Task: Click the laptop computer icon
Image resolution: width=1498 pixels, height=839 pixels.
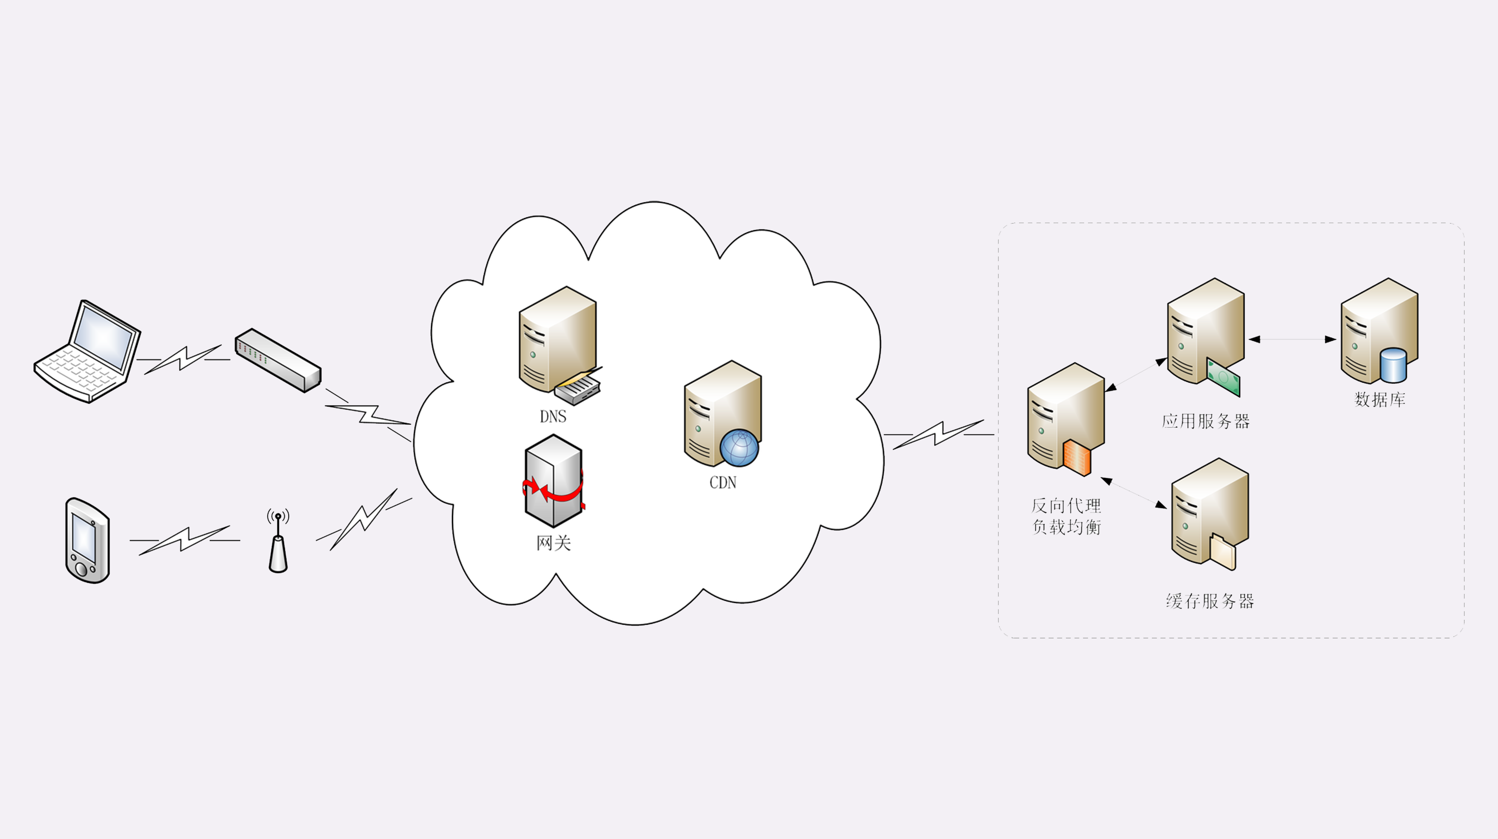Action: tap(87, 352)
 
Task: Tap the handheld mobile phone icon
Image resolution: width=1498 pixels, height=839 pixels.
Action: tap(87, 541)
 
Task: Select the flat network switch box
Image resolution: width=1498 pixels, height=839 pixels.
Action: tap(278, 360)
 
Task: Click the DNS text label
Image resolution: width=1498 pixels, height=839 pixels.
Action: tap(552, 417)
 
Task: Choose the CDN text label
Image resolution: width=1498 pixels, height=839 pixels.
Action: tap(723, 483)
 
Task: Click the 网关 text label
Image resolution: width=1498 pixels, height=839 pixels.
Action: tap(553, 543)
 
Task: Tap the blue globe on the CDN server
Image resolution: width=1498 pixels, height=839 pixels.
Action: tap(739, 448)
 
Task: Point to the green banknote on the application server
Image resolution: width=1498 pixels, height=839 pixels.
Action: tap(1223, 378)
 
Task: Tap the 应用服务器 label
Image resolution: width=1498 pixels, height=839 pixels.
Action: tap(1205, 421)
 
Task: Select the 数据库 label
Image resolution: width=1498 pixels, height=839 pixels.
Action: tap(1380, 399)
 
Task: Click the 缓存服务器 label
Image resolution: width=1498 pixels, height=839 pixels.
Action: tap(1209, 600)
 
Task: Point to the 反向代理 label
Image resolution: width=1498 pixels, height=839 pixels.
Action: tap(1066, 506)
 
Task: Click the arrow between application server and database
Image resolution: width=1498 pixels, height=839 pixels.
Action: tap(1292, 339)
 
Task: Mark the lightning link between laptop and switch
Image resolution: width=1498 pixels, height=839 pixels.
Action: tap(183, 359)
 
